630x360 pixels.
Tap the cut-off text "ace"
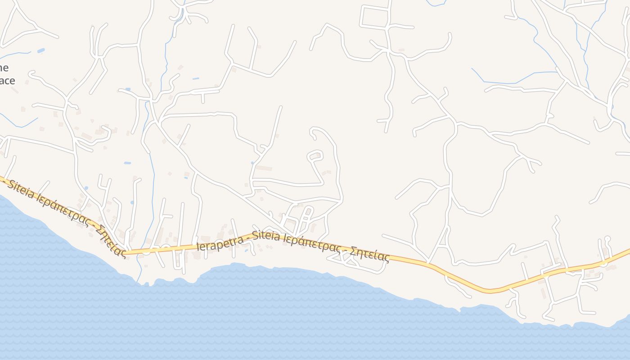point(7,81)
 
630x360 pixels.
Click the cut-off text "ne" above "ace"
point(4,68)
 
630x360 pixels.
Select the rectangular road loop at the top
point(374,17)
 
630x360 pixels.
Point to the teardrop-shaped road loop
point(315,156)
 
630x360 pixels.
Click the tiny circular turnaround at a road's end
point(607,238)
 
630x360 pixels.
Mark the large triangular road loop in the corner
point(18,27)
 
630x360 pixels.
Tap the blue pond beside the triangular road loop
point(41,50)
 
